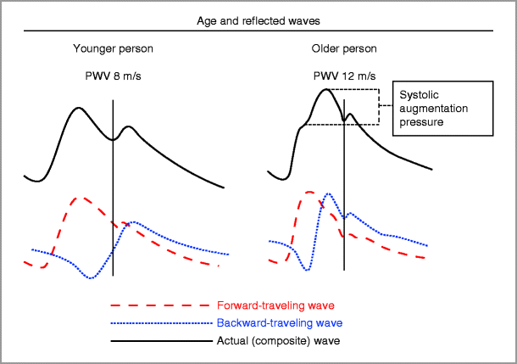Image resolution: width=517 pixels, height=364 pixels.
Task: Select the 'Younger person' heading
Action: [x=113, y=48]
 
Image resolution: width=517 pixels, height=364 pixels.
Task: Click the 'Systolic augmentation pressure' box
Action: [x=441, y=108]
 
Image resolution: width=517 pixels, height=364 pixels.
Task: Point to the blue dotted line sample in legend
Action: [x=160, y=323]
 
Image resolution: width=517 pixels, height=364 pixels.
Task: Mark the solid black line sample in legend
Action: [x=160, y=341]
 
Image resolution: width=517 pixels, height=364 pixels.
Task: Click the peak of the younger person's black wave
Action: [x=79, y=108]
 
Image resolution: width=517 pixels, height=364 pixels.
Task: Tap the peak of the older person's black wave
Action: [x=325, y=89]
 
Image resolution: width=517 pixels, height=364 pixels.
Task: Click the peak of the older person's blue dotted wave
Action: [x=328, y=194]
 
